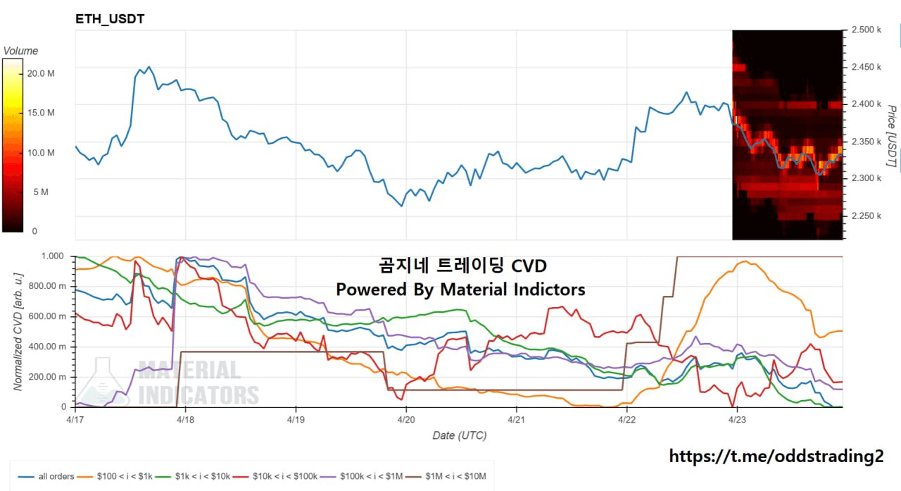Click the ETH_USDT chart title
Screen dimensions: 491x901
coord(110,19)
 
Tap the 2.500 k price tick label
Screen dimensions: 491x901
coord(867,30)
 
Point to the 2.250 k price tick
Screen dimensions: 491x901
coord(867,216)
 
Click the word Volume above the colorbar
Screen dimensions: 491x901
coord(20,51)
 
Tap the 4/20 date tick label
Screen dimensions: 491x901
coord(405,418)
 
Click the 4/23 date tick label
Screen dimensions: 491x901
coord(736,418)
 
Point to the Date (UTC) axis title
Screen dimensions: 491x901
coord(459,435)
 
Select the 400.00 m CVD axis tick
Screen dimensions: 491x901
coord(47,347)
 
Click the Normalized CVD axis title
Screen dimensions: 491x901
coord(19,331)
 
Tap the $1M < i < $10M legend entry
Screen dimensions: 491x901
coord(455,476)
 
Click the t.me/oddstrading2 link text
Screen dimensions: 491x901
coord(776,456)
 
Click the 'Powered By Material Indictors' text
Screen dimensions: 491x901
coord(460,289)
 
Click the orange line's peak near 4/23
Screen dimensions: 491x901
coord(745,262)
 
